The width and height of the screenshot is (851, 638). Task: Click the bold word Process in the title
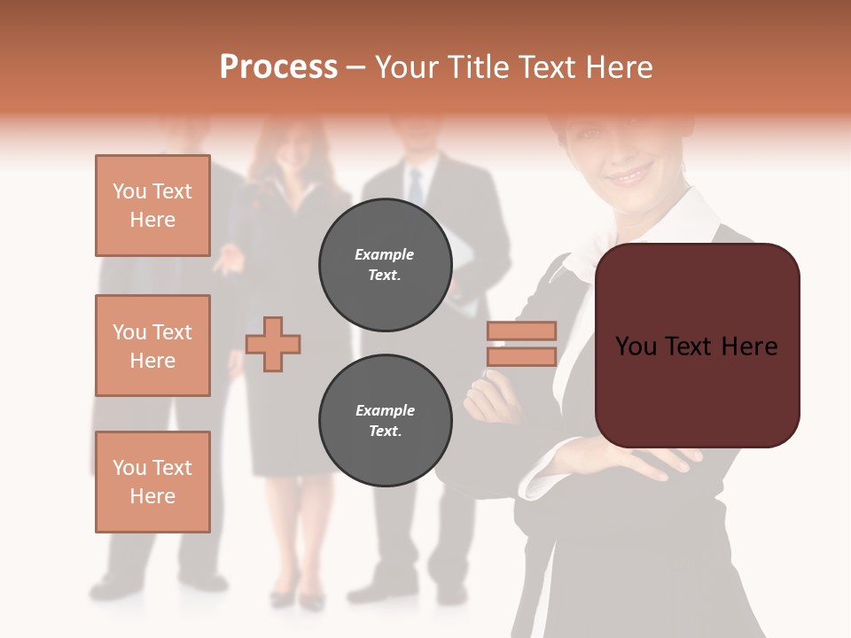click(x=278, y=67)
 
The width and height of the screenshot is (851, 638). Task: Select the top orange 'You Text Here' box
click(x=152, y=206)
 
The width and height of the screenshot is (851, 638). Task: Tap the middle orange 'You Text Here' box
click(x=152, y=346)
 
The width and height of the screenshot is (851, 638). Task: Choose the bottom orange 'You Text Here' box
click(x=152, y=482)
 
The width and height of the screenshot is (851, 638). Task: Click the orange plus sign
click(x=273, y=343)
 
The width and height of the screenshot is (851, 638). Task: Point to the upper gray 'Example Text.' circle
click(x=385, y=264)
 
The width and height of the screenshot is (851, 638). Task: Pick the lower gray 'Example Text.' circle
click(x=385, y=420)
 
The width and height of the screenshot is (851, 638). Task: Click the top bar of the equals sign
click(x=521, y=331)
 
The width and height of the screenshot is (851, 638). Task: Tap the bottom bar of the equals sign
click(x=521, y=357)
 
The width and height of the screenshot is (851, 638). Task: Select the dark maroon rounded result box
click(x=697, y=346)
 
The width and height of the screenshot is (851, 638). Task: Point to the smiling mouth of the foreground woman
click(x=632, y=175)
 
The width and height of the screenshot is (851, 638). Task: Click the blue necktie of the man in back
click(x=415, y=186)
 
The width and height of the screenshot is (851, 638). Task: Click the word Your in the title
click(x=408, y=67)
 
